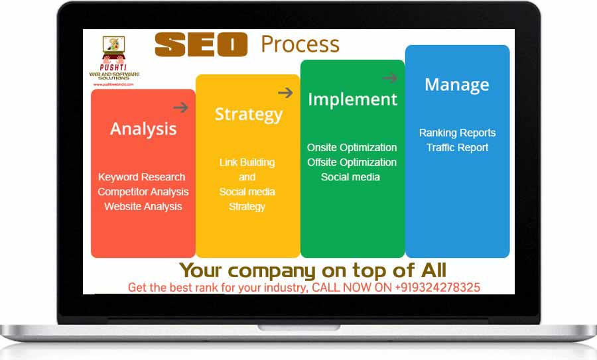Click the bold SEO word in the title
click(x=200, y=44)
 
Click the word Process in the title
click(x=300, y=44)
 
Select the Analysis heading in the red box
click(x=143, y=129)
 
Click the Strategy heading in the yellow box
click(x=248, y=114)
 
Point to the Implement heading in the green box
click(x=352, y=99)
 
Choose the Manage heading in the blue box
click(x=457, y=85)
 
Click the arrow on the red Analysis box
click(x=180, y=107)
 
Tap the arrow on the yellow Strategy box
click(x=285, y=93)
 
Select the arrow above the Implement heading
click(x=389, y=78)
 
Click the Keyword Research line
click(x=142, y=177)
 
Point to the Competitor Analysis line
click(x=143, y=192)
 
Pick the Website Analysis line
click(x=143, y=206)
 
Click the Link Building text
click(x=247, y=162)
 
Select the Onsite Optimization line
click(x=352, y=147)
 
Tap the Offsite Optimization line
click(x=352, y=162)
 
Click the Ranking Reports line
click(x=457, y=133)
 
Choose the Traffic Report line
click(x=457, y=147)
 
